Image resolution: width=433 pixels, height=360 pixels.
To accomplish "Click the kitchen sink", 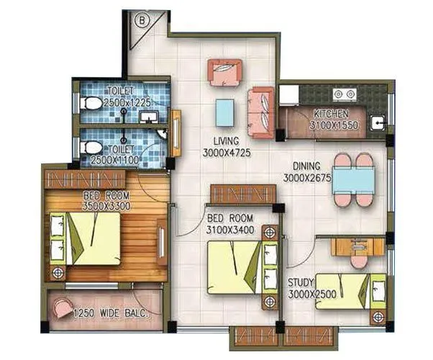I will pyautogui.click(x=377, y=122).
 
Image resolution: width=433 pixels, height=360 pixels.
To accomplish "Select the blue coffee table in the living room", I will pyautogui.click(x=225, y=112).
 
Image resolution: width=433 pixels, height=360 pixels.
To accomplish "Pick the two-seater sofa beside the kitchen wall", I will pyautogui.click(x=260, y=108).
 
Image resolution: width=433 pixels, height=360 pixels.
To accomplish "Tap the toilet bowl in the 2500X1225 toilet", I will pyautogui.click(x=91, y=103).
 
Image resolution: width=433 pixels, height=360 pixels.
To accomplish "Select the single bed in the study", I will pyautogui.click(x=350, y=290).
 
